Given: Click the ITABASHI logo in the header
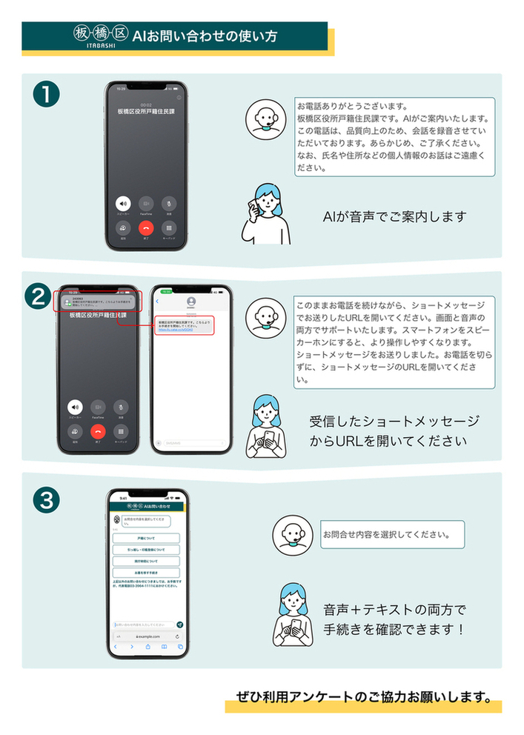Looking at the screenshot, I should (100, 37).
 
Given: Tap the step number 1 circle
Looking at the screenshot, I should (46, 96).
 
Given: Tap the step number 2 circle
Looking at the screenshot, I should (38, 296).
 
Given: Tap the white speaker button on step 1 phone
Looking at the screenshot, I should (122, 203).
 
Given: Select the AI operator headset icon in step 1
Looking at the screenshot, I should (266, 119).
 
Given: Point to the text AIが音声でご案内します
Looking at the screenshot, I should (394, 217).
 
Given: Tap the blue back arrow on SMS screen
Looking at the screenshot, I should (158, 302).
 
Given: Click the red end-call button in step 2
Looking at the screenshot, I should (98, 431).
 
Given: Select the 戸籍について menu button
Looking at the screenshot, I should (146, 539).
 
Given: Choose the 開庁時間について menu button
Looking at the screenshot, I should (146, 561).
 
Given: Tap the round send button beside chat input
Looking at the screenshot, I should (179, 625).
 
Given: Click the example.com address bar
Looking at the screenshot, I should (146, 636).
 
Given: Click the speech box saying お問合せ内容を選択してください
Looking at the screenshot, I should (391, 533).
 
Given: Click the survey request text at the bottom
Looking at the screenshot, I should (363, 696).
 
